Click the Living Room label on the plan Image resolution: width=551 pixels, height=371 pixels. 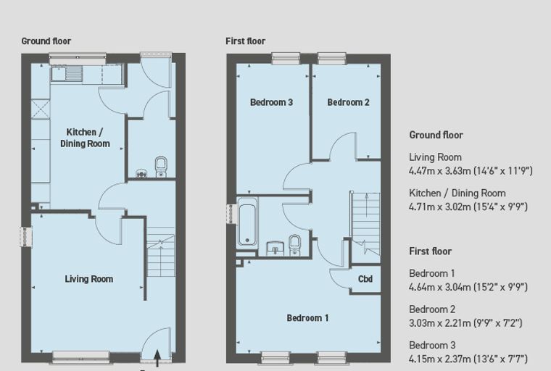click(89, 279)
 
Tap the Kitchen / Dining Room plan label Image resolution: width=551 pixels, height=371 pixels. click(85, 138)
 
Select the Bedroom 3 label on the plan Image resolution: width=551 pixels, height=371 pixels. click(271, 102)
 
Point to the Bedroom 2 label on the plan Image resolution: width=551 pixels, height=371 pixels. click(348, 102)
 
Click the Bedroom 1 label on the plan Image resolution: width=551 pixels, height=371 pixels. click(308, 318)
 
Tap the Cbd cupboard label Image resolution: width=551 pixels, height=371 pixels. click(365, 279)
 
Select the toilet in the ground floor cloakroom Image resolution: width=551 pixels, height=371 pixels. click(161, 167)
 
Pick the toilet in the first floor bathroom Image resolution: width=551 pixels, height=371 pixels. click(294, 245)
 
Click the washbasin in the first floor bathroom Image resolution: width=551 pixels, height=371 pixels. click(275, 248)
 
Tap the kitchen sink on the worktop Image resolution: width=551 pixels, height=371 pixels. click(67, 74)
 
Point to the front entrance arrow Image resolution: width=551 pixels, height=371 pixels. click(157, 359)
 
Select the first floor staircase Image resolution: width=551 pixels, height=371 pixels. click(366, 224)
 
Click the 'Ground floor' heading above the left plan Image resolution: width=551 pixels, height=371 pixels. click(46, 41)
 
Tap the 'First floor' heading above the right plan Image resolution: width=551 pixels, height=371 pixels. click(245, 41)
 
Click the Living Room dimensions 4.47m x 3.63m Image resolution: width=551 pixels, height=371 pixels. click(471, 171)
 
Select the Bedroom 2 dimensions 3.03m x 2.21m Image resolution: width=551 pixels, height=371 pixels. click(465, 323)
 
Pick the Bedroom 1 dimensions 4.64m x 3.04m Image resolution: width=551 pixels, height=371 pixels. click(468, 287)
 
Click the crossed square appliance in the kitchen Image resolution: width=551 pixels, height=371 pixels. click(41, 109)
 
